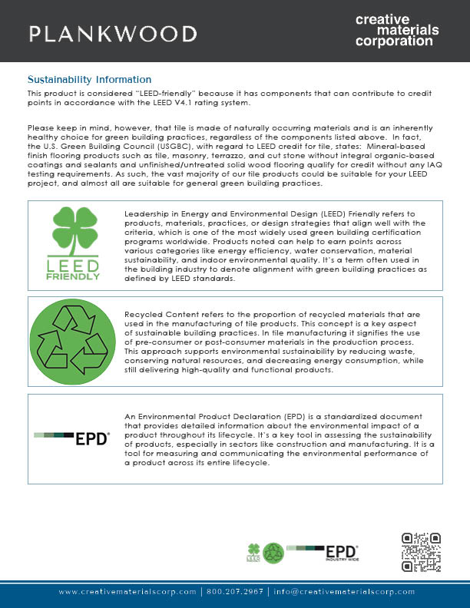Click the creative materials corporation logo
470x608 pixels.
(397, 30)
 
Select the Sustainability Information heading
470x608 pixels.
(89, 79)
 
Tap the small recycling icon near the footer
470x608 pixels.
(273, 553)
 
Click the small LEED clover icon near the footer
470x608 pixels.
(253, 551)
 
